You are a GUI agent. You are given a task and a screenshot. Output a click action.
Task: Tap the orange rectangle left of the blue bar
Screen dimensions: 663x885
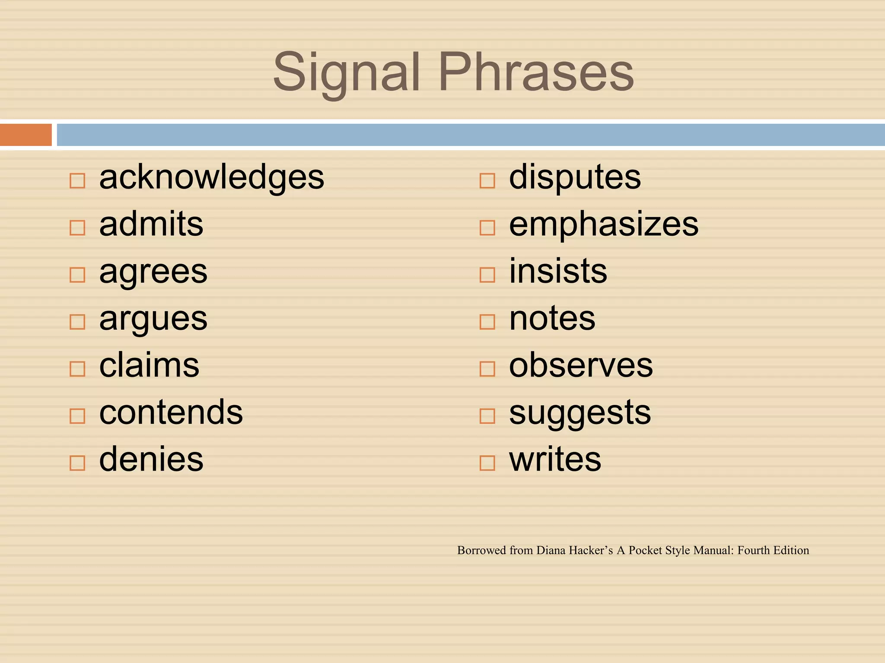tap(25, 135)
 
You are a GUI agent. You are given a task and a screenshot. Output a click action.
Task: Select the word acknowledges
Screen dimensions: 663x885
tap(211, 177)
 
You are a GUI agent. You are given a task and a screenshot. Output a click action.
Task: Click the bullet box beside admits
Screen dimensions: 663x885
tap(77, 227)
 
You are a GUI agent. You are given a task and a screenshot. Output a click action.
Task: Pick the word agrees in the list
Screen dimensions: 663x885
tap(153, 272)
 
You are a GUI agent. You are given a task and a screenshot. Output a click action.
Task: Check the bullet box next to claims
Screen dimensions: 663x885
tap(77, 369)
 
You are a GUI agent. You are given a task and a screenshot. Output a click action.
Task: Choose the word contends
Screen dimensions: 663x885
tap(171, 412)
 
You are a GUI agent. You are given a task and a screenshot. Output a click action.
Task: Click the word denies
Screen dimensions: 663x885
tap(151, 459)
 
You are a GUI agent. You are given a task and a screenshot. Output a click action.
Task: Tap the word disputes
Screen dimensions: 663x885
tap(575, 177)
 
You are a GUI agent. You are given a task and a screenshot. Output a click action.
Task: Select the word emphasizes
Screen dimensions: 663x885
tap(603, 224)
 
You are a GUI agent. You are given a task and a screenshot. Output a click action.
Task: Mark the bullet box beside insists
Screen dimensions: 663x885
tap(487, 275)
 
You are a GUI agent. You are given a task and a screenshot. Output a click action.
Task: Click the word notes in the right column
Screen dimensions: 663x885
tap(552, 319)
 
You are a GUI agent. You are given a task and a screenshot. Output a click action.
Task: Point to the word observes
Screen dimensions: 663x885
tap(580, 366)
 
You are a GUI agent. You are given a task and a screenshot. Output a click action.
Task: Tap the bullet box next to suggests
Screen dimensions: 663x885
tap(487, 416)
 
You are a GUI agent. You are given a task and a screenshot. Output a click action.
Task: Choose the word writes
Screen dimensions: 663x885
tap(555, 459)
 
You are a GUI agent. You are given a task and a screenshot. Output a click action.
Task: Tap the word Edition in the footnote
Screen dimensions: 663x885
tap(791, 550)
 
